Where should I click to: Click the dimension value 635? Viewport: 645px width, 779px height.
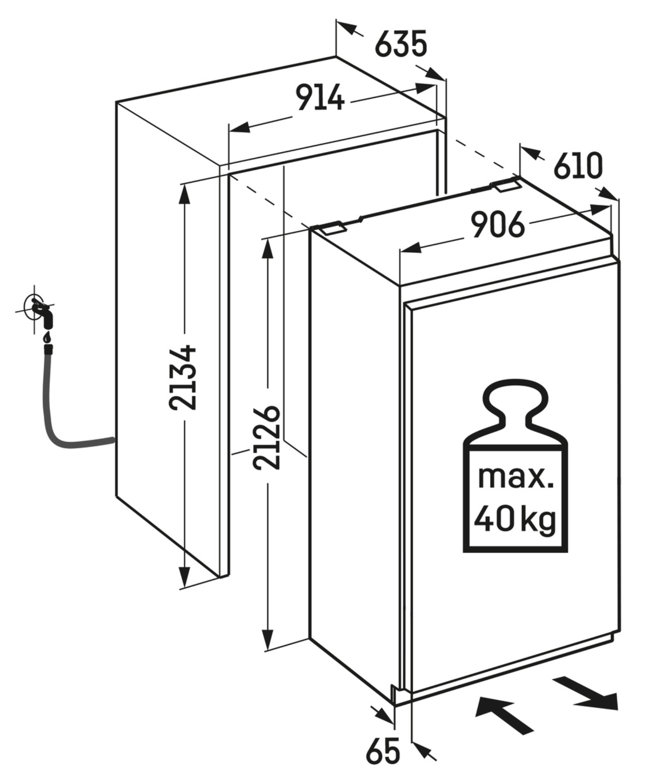pyautogui.click(x=400, y=44)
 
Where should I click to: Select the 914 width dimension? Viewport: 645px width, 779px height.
pyautogui.click(x=320, y=97)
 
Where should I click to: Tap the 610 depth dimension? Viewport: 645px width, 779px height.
pyautogui.click(x=578, y=166)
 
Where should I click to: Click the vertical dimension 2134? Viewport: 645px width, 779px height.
pyautogui.click(x=182, y=377)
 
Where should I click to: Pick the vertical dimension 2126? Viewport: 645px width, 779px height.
pyautogui.click(x=267, y=437)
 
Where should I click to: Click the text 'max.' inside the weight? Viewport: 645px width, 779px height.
pyautogui.click(x=515, y=477)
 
